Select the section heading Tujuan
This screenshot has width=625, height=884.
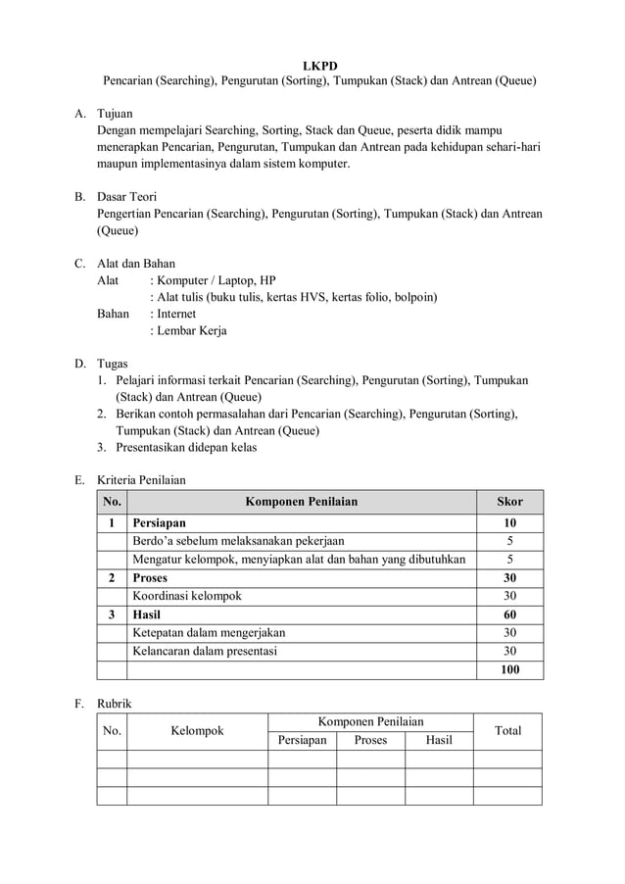coord(116,114)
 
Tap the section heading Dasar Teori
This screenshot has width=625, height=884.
coord(126,197)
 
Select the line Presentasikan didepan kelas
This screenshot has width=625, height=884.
coord(186,447)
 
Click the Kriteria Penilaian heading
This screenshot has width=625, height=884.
coord(141,480)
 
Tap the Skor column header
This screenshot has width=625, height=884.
coord(509,502)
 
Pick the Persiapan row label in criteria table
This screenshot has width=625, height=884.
coord(159,523)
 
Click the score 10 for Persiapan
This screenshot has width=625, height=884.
coord(509,523)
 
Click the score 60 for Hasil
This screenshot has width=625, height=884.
coord(509,614)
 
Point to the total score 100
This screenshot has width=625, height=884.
coord(509,670)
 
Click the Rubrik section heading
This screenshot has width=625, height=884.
coord(117,703)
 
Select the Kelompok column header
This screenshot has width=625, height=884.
coord(197,731)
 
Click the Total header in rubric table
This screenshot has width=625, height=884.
coord(507,731)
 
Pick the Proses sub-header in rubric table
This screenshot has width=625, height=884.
coord(370,740)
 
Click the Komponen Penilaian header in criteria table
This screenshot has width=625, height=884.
coord(301,502)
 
